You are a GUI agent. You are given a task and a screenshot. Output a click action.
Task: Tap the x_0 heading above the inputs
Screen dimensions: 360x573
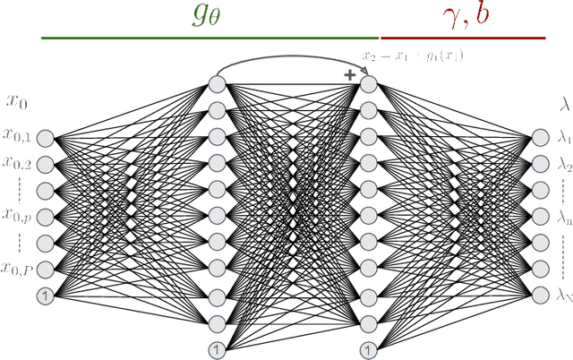click(x=18, y=102)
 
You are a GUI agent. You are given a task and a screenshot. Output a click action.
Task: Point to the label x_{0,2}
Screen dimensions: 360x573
click(x=17, y=162)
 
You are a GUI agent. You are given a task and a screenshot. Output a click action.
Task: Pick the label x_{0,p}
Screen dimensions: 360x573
click(x=17, y=215)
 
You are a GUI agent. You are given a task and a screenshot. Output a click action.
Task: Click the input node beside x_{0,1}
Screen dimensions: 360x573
click(x=44, y=138)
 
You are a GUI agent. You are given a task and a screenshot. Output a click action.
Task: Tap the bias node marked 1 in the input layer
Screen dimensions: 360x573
click(x=44, y=295)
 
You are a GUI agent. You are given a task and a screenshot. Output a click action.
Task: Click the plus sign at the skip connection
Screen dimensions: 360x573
click(x=350, y=75)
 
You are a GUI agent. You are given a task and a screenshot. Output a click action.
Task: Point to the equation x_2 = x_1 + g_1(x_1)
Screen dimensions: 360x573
click(x=413, y=56)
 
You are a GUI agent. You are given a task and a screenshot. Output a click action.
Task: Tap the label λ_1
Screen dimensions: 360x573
click(x=563, y=138)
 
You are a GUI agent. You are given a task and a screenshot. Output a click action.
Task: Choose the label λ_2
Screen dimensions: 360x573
click(x=563, y=164)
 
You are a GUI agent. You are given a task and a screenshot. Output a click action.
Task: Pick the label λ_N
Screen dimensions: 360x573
click(x=563, y=294)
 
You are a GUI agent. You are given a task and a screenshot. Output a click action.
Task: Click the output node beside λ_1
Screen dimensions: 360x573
click(x=539, y=138)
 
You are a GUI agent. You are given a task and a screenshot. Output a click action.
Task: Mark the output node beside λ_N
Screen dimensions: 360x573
click(x=539, y=294)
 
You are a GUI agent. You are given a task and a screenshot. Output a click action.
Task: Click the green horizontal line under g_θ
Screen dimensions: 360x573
click(x=211, y=38)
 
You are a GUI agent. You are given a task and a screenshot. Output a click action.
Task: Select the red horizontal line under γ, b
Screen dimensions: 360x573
click(x=463, y=38)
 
